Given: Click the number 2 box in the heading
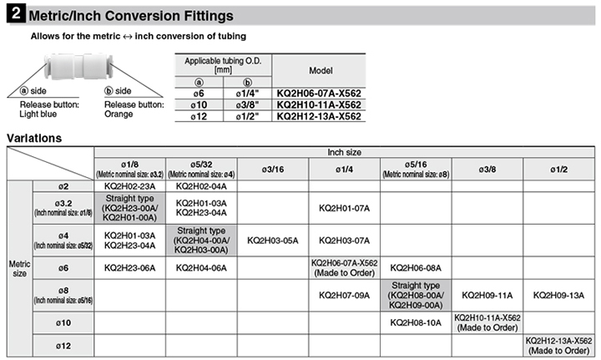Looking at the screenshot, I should coord(14,15).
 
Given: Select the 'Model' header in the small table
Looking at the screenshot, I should coord(322,71).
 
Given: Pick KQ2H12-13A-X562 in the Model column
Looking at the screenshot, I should coord(321,116).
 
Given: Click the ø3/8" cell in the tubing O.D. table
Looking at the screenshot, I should coord(248,104).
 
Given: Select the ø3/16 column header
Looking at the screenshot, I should coord(273,169).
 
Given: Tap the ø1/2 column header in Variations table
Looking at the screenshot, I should coord(558,169).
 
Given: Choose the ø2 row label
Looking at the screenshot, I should coord(63,186).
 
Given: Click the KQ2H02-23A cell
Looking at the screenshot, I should coord(129,186).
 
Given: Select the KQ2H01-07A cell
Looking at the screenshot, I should coord(344,208).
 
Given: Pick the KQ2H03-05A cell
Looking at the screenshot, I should coord(273,240).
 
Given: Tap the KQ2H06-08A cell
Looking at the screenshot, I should coord(415,267).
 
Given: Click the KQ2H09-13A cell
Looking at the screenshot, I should coord(558,295).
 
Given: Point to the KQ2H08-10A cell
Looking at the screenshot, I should coord(415,322).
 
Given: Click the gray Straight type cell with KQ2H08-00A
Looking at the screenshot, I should coord(415,295).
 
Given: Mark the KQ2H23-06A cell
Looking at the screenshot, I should coord(129,267).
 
